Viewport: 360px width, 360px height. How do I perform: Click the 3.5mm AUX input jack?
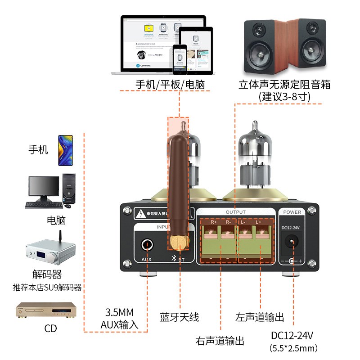point(147,245)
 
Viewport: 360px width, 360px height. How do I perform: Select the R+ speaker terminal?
point(210,234)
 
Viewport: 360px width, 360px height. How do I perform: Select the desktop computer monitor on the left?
point(44,188)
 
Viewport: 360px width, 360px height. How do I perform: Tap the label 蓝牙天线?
point(179,317)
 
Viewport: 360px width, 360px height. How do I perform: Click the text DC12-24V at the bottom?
point(292,335)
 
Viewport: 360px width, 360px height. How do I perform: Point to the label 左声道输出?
point(260,317)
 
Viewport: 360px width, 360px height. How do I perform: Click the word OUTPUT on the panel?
point(235,212)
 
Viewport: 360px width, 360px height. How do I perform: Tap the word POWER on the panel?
point(292,212)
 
